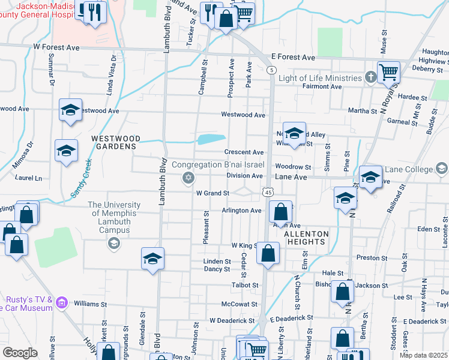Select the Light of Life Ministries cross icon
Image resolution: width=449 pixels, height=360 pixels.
(371, 77)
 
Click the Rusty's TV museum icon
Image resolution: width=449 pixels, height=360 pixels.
(61, 304)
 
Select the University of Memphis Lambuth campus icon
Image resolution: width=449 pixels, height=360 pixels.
(113, 243)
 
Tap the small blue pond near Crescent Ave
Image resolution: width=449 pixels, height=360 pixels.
(211, 139)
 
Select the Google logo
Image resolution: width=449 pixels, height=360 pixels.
(19, 353)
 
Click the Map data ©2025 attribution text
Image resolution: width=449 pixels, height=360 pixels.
(424, 355)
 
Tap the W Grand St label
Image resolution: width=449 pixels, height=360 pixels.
(212, 193)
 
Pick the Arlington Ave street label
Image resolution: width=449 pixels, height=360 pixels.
(242, 211)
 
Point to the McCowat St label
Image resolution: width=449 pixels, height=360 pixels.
(240, 304)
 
